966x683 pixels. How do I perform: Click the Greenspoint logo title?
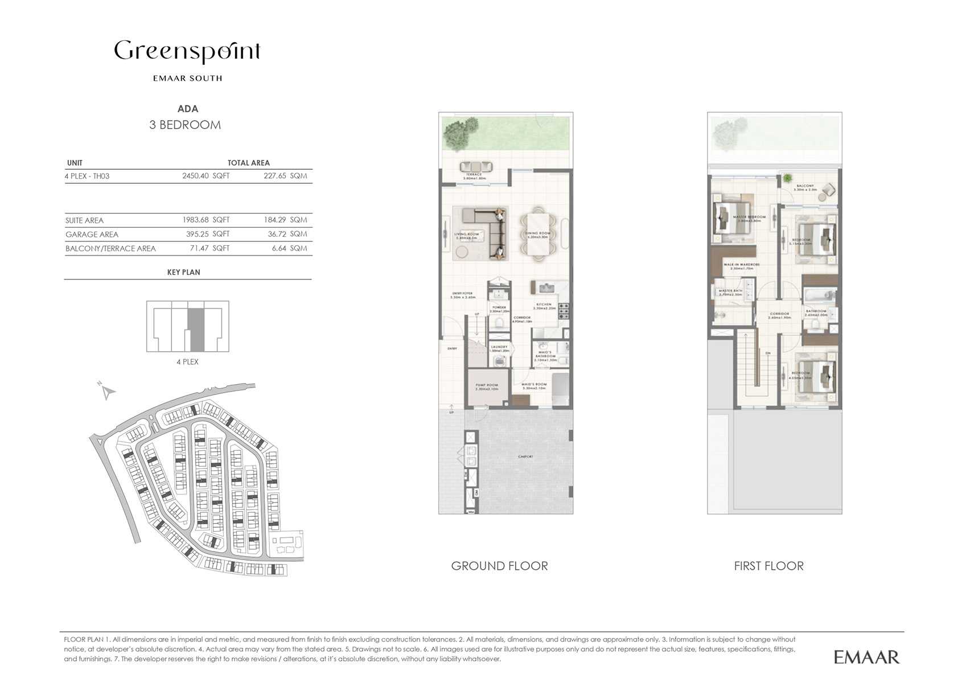tap(187, 52)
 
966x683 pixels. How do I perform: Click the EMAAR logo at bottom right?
tap(866, 657)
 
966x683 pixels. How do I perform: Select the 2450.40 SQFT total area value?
tap(205, 176)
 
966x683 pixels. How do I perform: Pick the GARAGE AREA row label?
tap(92, 234)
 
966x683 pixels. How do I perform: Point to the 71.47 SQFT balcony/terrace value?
tap(209, 249)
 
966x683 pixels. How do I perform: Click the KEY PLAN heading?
tap(183, 273)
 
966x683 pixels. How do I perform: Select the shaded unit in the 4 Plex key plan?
tap(196, 330)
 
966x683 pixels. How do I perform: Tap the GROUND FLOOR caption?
tap(499, 566)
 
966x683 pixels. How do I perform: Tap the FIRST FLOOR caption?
tap(768, 566)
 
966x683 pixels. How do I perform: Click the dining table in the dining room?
tap(537, 234)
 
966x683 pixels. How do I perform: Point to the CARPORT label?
tap(525, 456)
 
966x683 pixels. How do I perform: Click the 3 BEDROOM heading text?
tap(185, 125)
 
